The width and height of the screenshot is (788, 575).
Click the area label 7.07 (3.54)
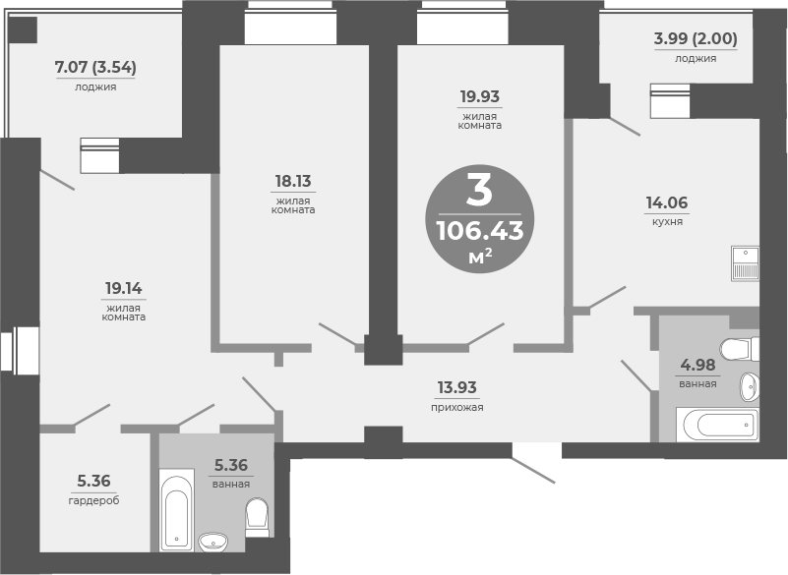[x=94, y=68]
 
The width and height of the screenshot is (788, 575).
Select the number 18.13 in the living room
[x=294, y=181]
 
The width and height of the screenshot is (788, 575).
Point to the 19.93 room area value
[x=480, y=96]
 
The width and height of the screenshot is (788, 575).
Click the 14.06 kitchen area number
[x=666, y=203]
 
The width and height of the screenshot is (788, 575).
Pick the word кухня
[x=666, y=222]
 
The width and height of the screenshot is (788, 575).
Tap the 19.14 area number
[x=125, y=288]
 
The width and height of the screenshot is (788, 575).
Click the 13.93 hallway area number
[x=456, y=388]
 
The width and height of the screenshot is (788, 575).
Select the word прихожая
[x=456, y=407]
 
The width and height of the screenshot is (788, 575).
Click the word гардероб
[x=93, y=500]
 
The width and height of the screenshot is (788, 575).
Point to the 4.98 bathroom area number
[x=697, y=367]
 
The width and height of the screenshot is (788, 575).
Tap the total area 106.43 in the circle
[x=479, y=231]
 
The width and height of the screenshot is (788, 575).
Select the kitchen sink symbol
[x=745, y=263]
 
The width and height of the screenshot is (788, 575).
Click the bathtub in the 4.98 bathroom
[x=718, y=425]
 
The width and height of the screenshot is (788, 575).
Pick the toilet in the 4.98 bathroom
[x=739, y=349]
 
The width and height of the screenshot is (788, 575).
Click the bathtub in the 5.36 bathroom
[x=177, y=511]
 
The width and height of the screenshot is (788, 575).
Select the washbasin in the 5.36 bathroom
[x=212, y=541]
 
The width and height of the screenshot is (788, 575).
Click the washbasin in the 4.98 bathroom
[x=749, y=387]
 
